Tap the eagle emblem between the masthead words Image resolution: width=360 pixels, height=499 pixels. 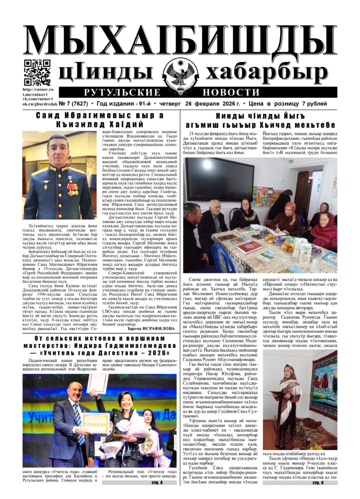pos(181,73)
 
